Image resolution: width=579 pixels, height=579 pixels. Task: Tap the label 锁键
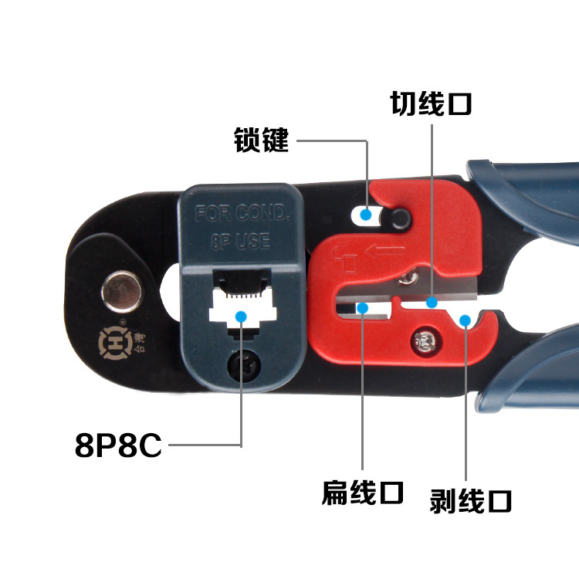262,141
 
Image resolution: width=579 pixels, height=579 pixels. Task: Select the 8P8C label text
118,445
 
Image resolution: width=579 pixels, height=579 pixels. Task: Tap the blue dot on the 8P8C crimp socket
241,315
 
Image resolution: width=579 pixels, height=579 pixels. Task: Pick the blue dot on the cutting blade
432,302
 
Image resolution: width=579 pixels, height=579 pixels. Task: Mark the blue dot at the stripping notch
465,320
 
